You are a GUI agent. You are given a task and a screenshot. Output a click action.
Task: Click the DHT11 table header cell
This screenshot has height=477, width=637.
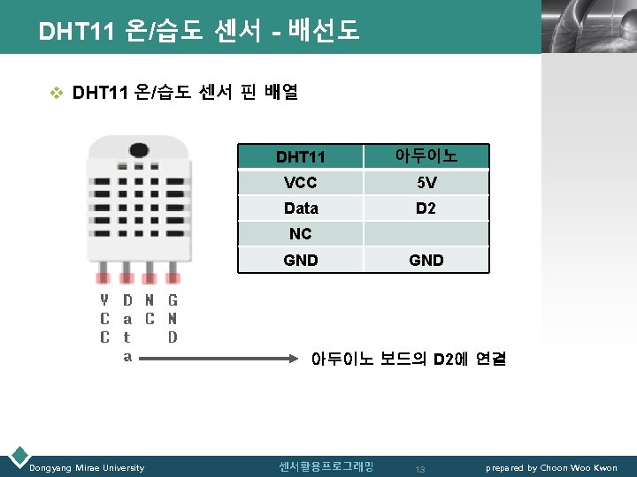pos(301,157)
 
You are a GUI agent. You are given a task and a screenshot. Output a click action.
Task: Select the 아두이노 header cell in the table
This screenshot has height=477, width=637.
pos(426,156)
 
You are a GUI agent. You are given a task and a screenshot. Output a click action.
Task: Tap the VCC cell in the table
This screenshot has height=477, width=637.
pos(301,184)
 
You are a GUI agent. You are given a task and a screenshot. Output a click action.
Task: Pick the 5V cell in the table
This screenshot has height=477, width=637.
pos(426,184)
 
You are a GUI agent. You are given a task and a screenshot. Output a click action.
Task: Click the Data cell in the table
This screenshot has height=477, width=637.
pos(301,208)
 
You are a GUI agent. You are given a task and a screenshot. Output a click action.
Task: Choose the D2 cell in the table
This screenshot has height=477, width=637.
pos(426,208)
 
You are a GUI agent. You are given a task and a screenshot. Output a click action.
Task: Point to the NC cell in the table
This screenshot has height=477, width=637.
pos(301,234)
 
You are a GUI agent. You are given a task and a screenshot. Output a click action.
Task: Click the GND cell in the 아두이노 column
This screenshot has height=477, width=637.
pos(426,261)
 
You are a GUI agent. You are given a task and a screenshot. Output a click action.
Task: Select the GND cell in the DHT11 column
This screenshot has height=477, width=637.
pos(301,261)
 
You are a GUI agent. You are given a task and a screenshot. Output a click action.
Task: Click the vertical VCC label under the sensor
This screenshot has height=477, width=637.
pos(104,318)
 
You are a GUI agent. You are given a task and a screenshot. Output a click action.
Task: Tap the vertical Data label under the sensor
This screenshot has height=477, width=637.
pos(127,329)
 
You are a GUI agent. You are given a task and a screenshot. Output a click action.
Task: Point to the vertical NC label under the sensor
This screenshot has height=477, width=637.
pos(150,309)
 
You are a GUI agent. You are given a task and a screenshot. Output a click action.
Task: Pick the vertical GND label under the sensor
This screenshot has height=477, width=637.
pos(173,318)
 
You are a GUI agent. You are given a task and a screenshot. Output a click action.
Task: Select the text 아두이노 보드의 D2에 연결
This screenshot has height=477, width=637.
pos(408,360)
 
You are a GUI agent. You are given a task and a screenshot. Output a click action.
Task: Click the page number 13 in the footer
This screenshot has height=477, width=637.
pos(421,468)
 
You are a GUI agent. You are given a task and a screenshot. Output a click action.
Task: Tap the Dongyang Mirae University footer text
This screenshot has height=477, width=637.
pos(87,467)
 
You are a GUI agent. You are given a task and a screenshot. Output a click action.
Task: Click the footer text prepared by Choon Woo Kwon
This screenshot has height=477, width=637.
pos(552,467)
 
